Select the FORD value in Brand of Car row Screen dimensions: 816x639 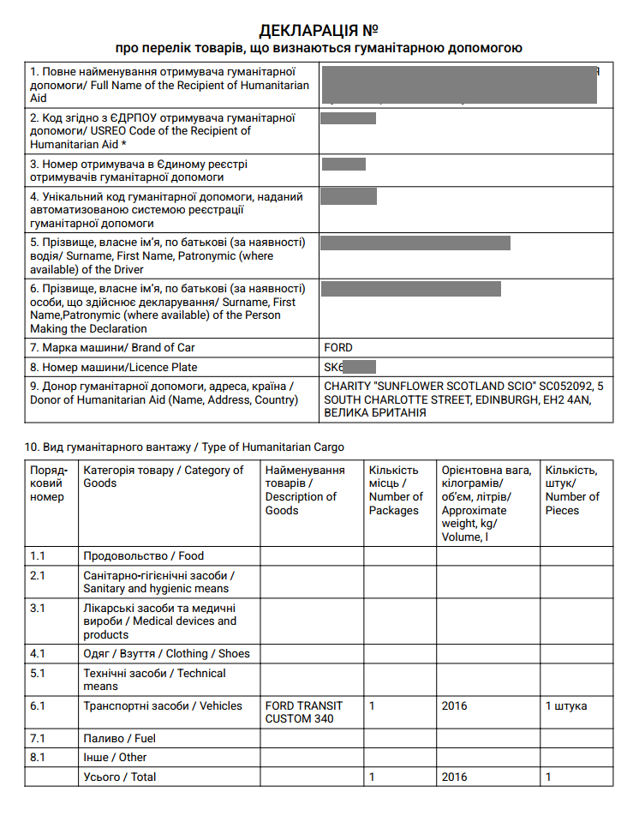338,348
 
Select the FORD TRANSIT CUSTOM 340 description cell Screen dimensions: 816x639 304,712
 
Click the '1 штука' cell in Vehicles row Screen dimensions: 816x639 566,706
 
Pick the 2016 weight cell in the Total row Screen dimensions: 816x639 454,777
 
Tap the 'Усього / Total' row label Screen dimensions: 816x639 119,777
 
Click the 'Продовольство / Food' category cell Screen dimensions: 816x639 143,556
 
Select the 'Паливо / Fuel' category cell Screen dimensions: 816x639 119,738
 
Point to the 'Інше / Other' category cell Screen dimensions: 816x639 115,758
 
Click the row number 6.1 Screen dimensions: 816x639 38,706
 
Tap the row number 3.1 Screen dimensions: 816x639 38,608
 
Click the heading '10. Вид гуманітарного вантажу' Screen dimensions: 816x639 184,447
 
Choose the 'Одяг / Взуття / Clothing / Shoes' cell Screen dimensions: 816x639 166,654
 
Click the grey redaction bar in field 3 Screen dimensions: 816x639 343,165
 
